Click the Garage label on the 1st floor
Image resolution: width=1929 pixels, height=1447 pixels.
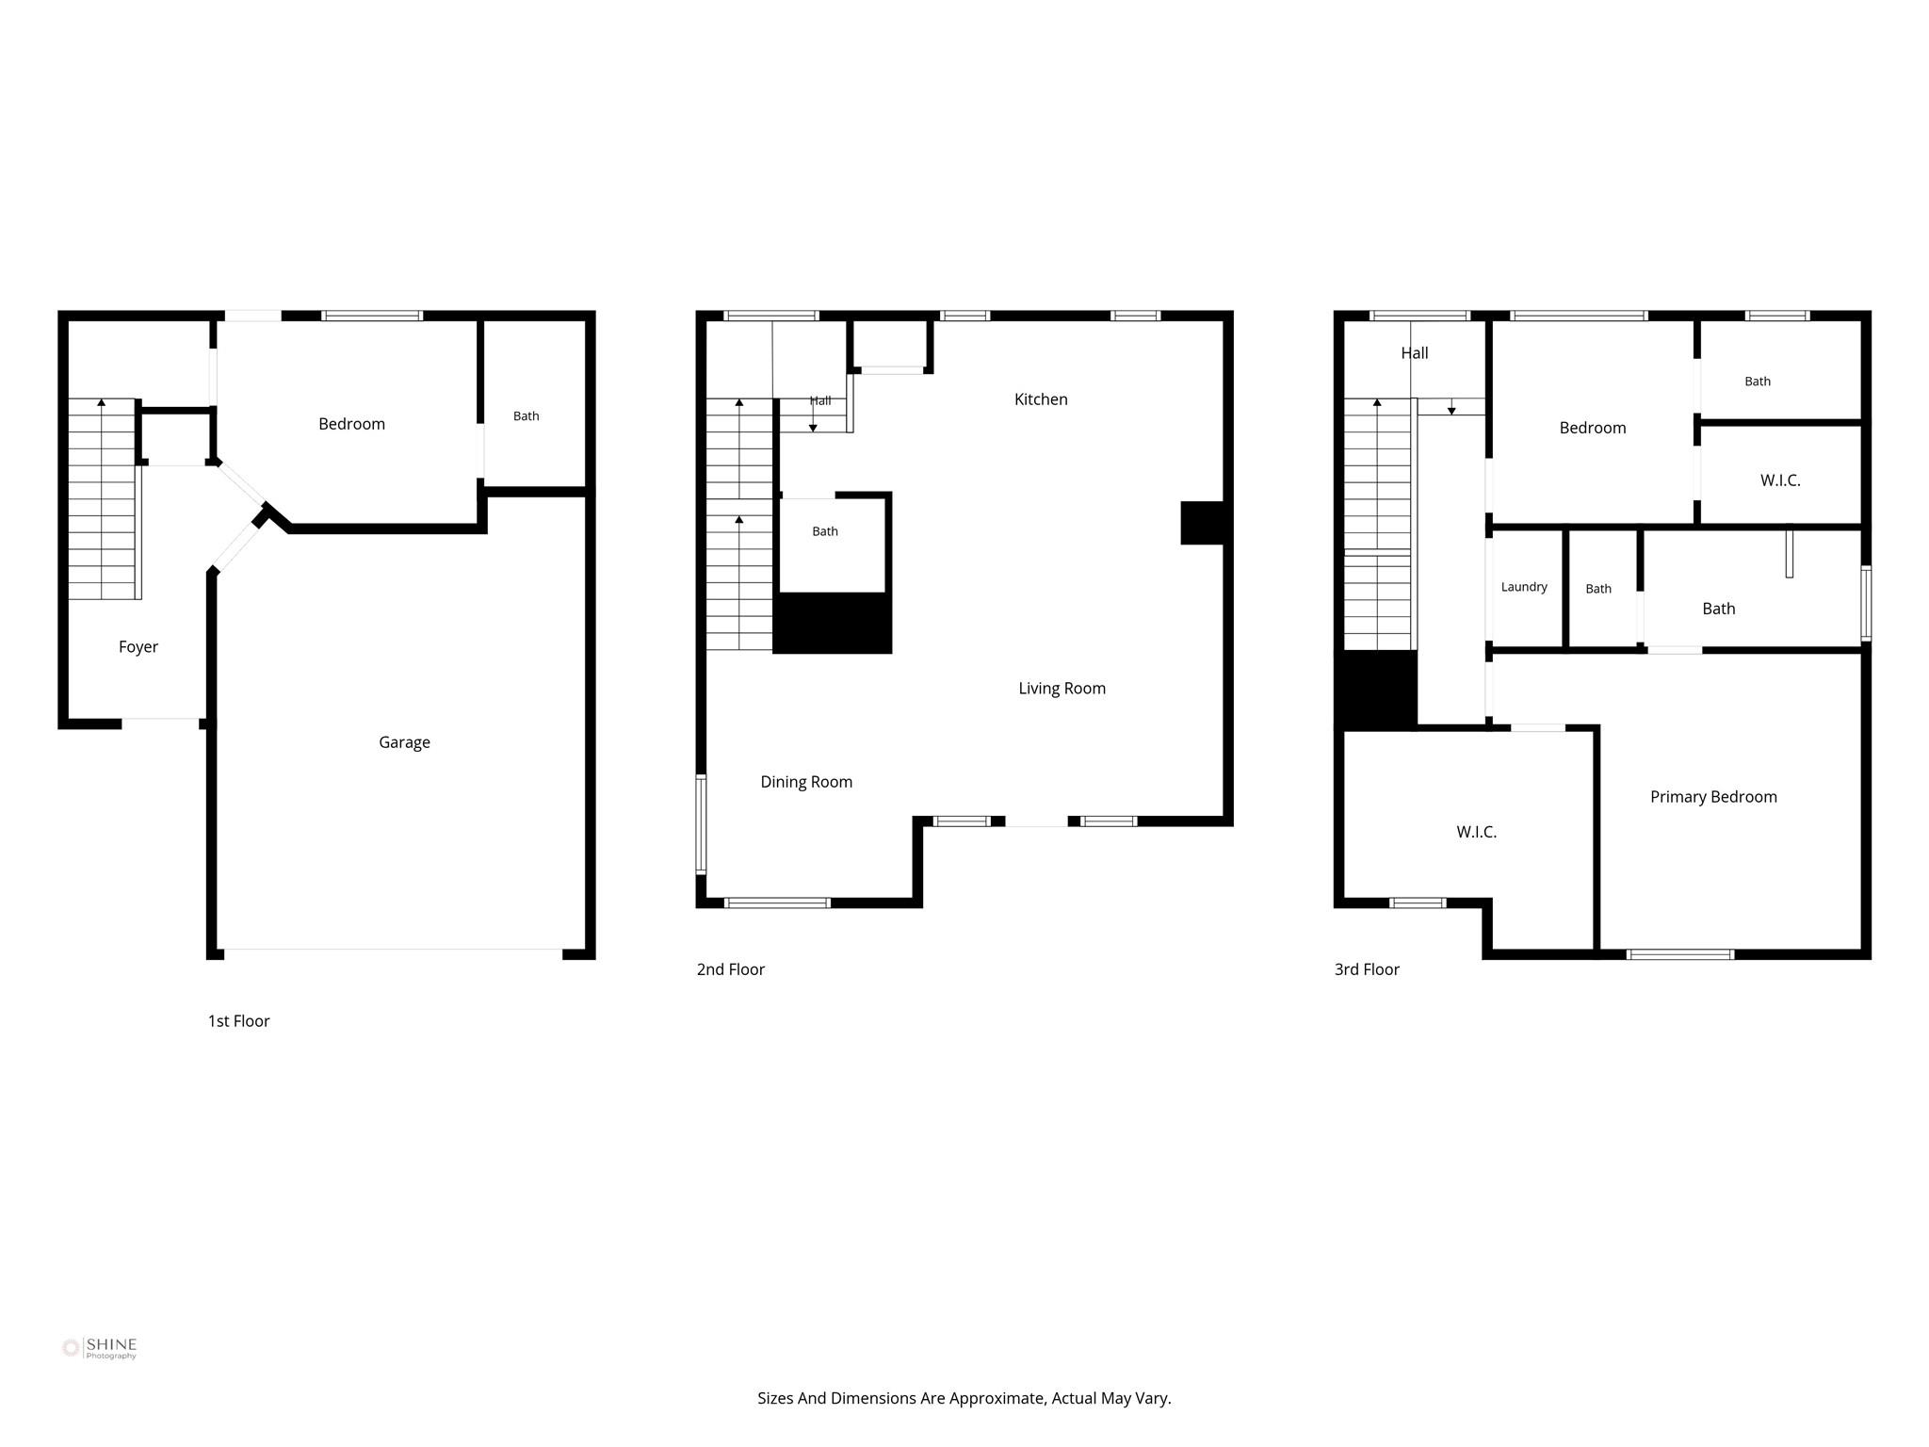[x=404, y=742]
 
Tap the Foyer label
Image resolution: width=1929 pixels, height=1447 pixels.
[x=138, y=647]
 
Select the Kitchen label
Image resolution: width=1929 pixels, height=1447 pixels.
[x=1041, y=399]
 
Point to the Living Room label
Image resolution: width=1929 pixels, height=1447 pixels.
[x=1062, y=689]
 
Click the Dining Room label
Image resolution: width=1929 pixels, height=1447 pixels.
[x=806, y=782]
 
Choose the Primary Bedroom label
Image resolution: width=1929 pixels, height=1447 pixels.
[x=1713, y=797]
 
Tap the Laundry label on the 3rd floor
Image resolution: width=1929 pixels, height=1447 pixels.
[x=1524, y=587]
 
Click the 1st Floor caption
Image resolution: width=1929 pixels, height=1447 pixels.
[x=238, y=1021]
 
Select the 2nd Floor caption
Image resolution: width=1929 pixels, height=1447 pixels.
[x=730, y=969]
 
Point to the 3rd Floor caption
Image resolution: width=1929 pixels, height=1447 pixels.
[x=1367, y=969]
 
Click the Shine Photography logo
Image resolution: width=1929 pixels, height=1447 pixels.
[x=100, y=1348]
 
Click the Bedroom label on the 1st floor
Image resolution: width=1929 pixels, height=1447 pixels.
[x=351, y=424]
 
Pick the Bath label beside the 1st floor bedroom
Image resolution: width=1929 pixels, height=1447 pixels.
[x=527, y=416]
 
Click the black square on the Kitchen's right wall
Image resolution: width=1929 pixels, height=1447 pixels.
[x=1202, y=523]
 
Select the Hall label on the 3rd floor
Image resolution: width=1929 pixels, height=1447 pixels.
[x=1414, y=353]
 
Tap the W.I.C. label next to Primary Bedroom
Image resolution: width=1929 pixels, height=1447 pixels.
[x=1476, y=832]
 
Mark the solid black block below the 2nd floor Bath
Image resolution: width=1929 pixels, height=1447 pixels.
[x=833, y=623]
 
